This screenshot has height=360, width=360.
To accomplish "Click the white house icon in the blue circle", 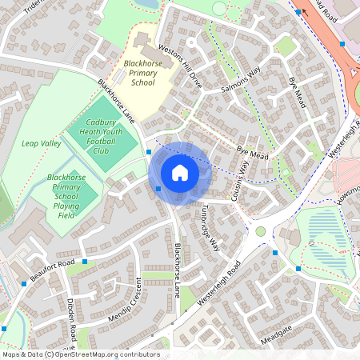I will point(180,173).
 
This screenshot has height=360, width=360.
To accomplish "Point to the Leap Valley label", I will point(41,142).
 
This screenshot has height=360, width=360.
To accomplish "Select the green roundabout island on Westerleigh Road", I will point(260,231).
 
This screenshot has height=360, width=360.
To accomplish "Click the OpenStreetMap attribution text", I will point(81,354).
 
